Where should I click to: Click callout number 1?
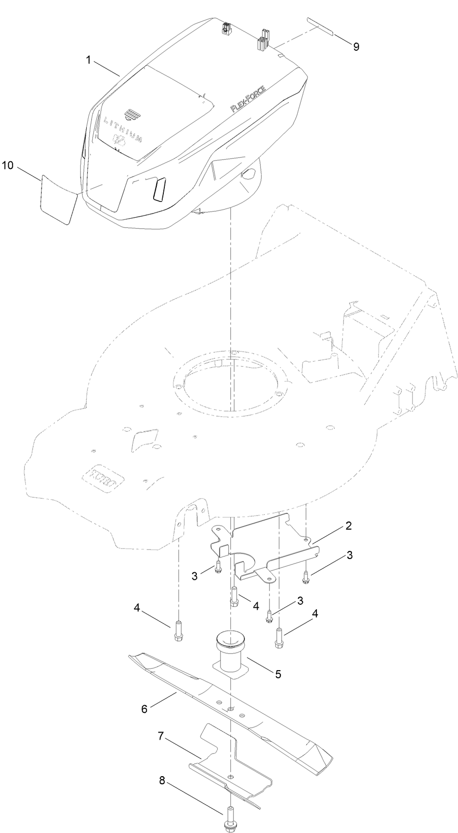click(88, 60)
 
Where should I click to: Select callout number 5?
click(277, 674)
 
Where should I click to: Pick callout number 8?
click(162, 781)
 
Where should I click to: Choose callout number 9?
click(356, 46)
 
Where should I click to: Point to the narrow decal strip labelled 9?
click(320, 27)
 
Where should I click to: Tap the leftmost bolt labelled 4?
click(177, 631)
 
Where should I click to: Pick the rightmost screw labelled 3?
click(306, 576)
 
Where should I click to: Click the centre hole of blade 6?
click(231, 708)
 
